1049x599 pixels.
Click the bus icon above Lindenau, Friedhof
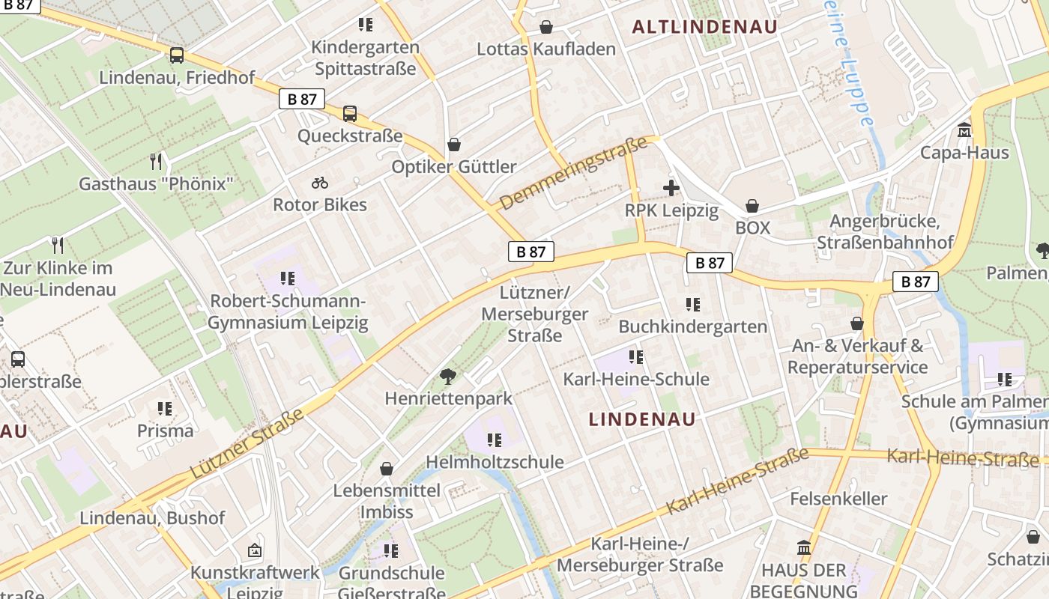pyautogui.click(x=177, y=55)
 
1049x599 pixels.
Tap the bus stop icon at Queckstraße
pyautogui.click(x=350, y=114)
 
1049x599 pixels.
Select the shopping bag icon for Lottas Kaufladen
pyautogui.click(x=547, y=27)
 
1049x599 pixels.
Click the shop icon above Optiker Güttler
pyautogui.click(x=453, y=144)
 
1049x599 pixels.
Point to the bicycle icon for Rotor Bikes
pyautogui.click(x=320, y=183)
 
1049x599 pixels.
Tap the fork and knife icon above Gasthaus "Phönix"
pyautogui.click(x=156, y=161)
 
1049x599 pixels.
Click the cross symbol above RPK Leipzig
pyautogui.click(x=671, y=188)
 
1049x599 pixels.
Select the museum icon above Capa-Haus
pyautogui.click(x=964, y=130)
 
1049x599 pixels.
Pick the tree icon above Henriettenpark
pyautogui.click(x=448, y=376)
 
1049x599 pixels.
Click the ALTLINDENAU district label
pyautogui.click(x=704, y=27)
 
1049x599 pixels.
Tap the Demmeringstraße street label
pyautogui.click(x=572, y=174)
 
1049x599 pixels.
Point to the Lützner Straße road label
pyautogui.click(x=247, y=444)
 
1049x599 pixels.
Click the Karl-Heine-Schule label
pyautogui.click(x=636, y=379)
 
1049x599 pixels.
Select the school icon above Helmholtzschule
pyautogui.click(x=494, y=440)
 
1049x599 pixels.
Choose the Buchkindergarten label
pyautogui.click(x=693, y=326)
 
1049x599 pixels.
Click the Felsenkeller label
pyautogui.click(x=838, y=499)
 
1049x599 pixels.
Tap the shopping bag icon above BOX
pyautogui.click(x=752, y=206)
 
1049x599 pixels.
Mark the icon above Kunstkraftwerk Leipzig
pyautogui.click(x=255, y=550)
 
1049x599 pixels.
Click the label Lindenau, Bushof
pyautogui.click(x=152, y=517)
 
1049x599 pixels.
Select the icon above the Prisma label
pyautogui.click(x=165, y=409)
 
